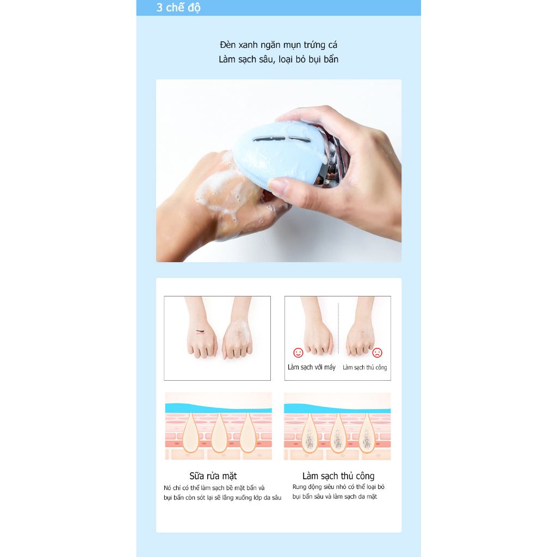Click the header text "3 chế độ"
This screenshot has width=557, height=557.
click(178, 8)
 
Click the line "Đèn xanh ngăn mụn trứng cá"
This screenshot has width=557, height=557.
click(278, 45)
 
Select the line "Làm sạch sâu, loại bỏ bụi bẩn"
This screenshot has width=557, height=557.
click(278, 59)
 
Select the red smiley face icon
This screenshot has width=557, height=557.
click(298, 352)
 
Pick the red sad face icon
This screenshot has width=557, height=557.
click(377, 352)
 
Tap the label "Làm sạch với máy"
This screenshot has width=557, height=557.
click(312, 367)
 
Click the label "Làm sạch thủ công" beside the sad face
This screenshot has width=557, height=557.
click(364, 368)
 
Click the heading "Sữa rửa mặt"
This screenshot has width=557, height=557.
click(213, 476)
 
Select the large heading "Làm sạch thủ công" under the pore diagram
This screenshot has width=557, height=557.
click(338, 476)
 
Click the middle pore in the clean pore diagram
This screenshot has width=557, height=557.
click(219, 432)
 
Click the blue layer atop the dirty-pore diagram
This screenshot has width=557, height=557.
click(337, 407)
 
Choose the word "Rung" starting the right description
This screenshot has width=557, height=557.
click(300, 487)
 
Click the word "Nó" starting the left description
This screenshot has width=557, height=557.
click(167, 487)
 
